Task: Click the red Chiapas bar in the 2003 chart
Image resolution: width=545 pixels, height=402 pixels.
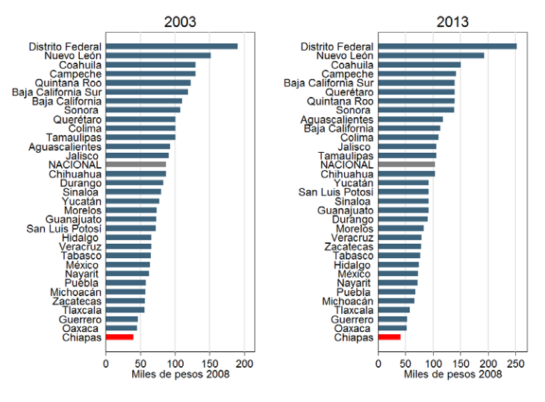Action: pyautogui.click(x=119, y=337)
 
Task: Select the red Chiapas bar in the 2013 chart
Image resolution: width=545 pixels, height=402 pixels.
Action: pyautogui.click(x=389, y=337)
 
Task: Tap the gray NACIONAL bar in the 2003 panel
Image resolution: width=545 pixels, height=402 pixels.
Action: pyautogui.click(x=136, y=165)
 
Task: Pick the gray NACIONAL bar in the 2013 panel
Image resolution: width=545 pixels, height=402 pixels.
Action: pyautogui.click(x=407, y=165)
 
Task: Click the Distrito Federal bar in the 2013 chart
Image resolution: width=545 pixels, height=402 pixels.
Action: pyautogui.click(x=448, y=46)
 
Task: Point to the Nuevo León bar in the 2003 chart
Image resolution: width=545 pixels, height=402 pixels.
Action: pyautogui.click(x=158, y=55)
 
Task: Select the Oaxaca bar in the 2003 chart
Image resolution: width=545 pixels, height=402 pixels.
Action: pyautogui.click(x=121, y=328)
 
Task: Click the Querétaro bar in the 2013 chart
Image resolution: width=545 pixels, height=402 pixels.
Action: pyautogui.click(x=417, y=92)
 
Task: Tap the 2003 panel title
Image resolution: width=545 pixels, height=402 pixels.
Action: pyautogui.click(x=180, y=22)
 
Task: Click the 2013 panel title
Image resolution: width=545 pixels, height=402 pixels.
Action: pyautogui.click(x=452, y=22)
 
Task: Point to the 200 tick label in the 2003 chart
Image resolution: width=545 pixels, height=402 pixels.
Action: pyautogui.click(x=244, y=364)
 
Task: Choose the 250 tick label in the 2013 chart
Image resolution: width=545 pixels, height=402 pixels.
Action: pyautogui.click(x=516, y=364)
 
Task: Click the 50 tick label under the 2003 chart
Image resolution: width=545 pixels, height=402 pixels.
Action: pyautogui.click(x=140, y=364)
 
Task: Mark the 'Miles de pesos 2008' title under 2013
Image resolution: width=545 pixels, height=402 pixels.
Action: pyautogui.click(x=453, y=374)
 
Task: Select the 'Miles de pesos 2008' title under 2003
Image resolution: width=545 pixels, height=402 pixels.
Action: pyautogui.click(x=181, y=374)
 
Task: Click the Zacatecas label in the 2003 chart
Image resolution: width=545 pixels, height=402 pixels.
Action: pyautogui.click(x=77, y=301)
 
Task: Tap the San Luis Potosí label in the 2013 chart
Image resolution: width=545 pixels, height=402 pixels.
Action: pyautogui.click(x=336, y=192)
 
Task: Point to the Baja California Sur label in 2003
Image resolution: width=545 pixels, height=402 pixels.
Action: pyautogui.click(x=57, y=92)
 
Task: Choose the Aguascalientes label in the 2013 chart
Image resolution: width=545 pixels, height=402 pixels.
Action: pyautogui.click(x=337, y=120)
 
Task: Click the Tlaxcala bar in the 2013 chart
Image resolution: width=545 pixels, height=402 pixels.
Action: pyautogui.click(x=394, y=310)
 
